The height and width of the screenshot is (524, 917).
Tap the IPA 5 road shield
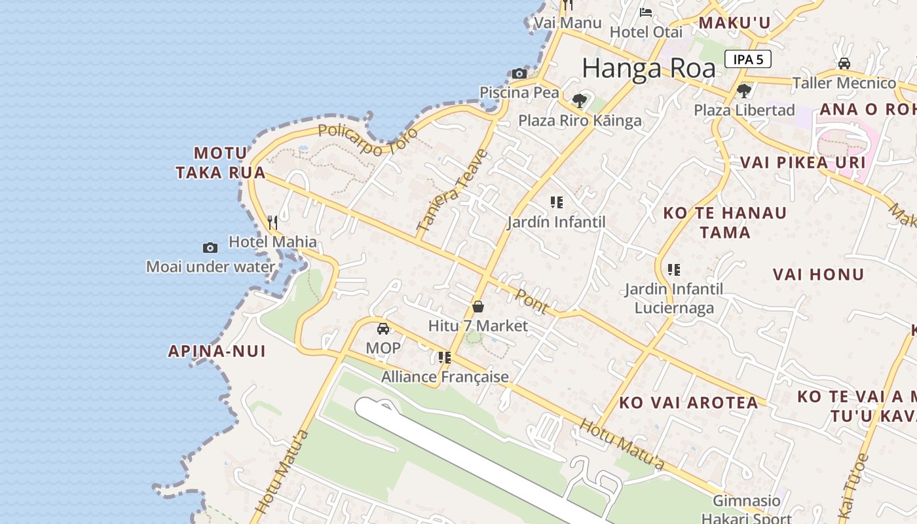pyautogui.click(x=747, y=59)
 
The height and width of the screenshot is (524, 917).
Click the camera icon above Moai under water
pyautogui.click(x=210, y=248)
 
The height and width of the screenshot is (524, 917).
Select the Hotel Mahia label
pyautogui.click(x=272, y=242)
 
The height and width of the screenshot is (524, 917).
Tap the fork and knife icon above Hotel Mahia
pyautogui.click(x=272, y=223)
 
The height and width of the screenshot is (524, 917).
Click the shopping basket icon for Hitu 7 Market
pyautogui.click(x=478, y=307)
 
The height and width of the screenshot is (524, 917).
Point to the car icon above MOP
pyautogui.click(x=383, y=328)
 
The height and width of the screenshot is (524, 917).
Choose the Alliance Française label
pyautogui.click(x=445, y=377)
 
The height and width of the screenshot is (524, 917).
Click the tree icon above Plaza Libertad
pyautogui.click(x=743, y=90)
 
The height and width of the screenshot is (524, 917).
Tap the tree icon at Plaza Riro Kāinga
pyautogui.click(x=580, y=101)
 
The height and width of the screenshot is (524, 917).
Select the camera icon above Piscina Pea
pyautogui.click(x=519, y=73)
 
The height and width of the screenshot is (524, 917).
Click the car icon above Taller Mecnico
pyautogui.click(x=844, y=64)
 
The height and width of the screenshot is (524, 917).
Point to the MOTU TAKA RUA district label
pyautogui.click(x=221, y=163)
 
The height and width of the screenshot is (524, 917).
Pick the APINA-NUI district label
pyautogui.click(x=217, y=351)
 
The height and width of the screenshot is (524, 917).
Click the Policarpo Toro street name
pyautogui.click(x=367, y=140)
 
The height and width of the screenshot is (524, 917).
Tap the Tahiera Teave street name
pyautogui.click(x=453, y=191)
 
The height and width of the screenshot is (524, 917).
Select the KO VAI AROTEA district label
pyautogui.click(x=688, y=403)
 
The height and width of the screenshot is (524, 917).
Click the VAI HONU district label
pyautogui.click(x=818, y=274)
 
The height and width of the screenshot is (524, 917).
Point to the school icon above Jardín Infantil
pyautogui.click(x=556, y=202)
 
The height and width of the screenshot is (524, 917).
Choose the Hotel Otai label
pyautogui.click(x=646, y=31)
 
